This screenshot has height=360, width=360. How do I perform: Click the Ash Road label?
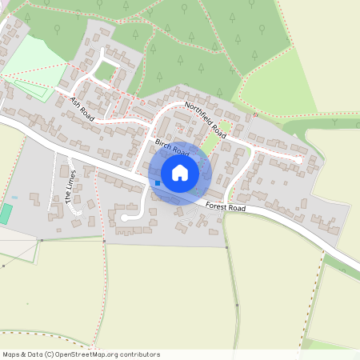[x=82, y=109]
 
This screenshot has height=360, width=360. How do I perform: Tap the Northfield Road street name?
[x=206, y=119]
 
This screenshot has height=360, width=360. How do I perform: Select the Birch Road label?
[x=171, y=147]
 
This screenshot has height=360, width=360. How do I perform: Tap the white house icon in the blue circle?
[x=180, y=172]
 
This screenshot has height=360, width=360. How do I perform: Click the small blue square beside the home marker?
[x=158, y=183]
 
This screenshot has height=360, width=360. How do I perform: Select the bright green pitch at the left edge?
[x=6, y=214]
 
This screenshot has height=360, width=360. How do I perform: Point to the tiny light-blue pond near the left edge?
[x=14, y=197]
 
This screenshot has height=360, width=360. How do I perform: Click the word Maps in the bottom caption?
[x=12, y=354]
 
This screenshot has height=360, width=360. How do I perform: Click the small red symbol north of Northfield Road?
[x=254, y=114]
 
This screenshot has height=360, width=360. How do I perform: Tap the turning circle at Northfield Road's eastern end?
[x=301, y=160]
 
